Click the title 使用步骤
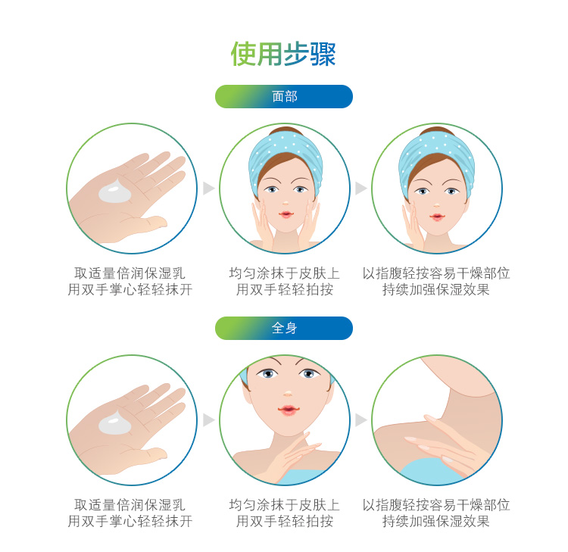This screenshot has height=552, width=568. (x=283, y=54)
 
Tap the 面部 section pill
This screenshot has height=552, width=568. (x=284, y=96)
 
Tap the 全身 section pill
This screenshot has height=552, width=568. (x=284, y=328)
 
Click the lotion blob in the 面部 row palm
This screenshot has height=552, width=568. (x=115, y=191)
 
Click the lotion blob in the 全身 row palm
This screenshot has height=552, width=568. (x=115, y=423)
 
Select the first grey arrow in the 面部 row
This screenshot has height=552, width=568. (x=209, y=189)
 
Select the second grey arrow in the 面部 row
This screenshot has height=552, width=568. (x=360, y=189)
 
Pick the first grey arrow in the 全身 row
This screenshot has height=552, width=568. (x=209, y=420)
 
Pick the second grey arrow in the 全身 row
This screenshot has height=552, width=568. (x=360, y=420)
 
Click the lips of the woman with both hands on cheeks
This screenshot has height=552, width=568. (x=286, y=214)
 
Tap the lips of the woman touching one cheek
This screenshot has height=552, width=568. (x=437, y=217)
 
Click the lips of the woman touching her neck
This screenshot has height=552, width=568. (x=289, y=410)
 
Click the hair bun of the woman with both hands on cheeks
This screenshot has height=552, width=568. (x=286, y=130)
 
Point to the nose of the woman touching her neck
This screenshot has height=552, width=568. (x=289, y=393)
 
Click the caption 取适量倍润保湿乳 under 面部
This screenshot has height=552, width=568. (x=130, y=273)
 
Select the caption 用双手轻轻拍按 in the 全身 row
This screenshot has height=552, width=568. (x=285, y=521)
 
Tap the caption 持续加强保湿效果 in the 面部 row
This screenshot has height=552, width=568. (x=436, y=289)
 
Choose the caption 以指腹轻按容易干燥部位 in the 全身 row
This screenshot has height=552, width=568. (x=436, y=504)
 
